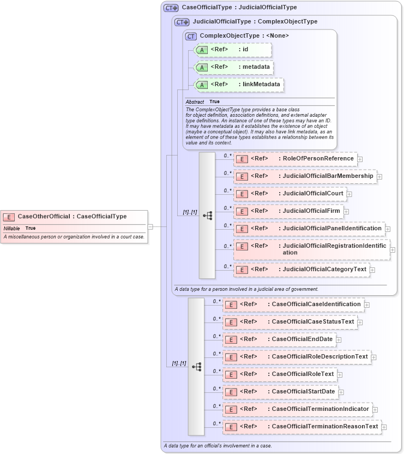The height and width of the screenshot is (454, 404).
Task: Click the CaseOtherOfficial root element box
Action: [x=74, y=217]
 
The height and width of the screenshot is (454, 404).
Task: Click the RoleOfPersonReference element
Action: [x=295, y=159]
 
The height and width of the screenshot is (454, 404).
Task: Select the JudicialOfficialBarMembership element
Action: [x=305, y=176]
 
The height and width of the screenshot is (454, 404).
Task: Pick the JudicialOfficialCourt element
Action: [x=290, y=194]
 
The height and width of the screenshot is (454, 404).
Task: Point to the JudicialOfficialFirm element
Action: [x=288, y=211]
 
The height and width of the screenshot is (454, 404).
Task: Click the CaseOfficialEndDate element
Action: [x=279, y=339]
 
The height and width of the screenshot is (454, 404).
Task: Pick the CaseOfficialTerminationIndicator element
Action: [x=297, y=409]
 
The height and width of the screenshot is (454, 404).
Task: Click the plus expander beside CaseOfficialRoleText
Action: [x=339, y=374]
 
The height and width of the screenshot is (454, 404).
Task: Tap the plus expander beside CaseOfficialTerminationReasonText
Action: [x=384, y=427]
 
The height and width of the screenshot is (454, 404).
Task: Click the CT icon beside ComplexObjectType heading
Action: [x=191, y=36]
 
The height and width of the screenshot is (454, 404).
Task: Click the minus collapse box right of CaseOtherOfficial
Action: [x=150, y=226]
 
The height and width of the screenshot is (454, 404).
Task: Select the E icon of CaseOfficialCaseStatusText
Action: [x=231, y=322]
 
